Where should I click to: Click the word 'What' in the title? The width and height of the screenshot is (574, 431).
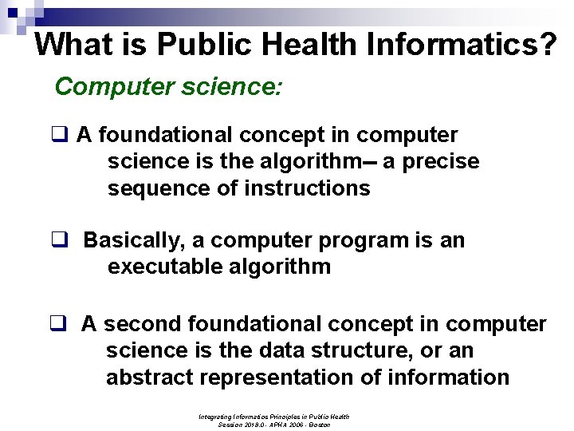(x=71, y=44)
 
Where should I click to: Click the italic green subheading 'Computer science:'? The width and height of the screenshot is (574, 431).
(x=167, y=86)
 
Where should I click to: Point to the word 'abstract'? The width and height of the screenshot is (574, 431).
(x=151, y=377)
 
